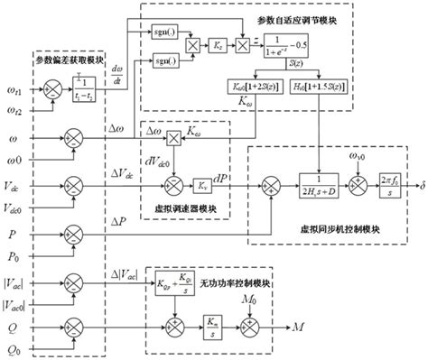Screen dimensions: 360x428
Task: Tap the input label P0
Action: (13, 255)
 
